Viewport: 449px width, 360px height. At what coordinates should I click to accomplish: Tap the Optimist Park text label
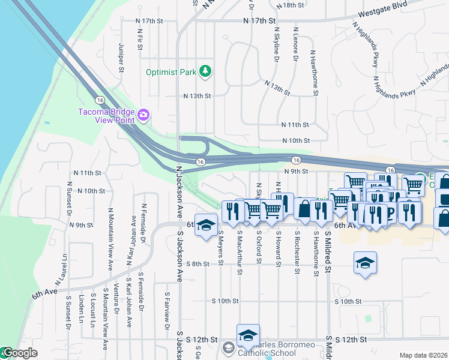[172, 73]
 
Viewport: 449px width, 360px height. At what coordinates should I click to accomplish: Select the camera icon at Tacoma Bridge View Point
[143, 114]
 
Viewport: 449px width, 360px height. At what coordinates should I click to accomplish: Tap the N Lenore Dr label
[295, 44]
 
